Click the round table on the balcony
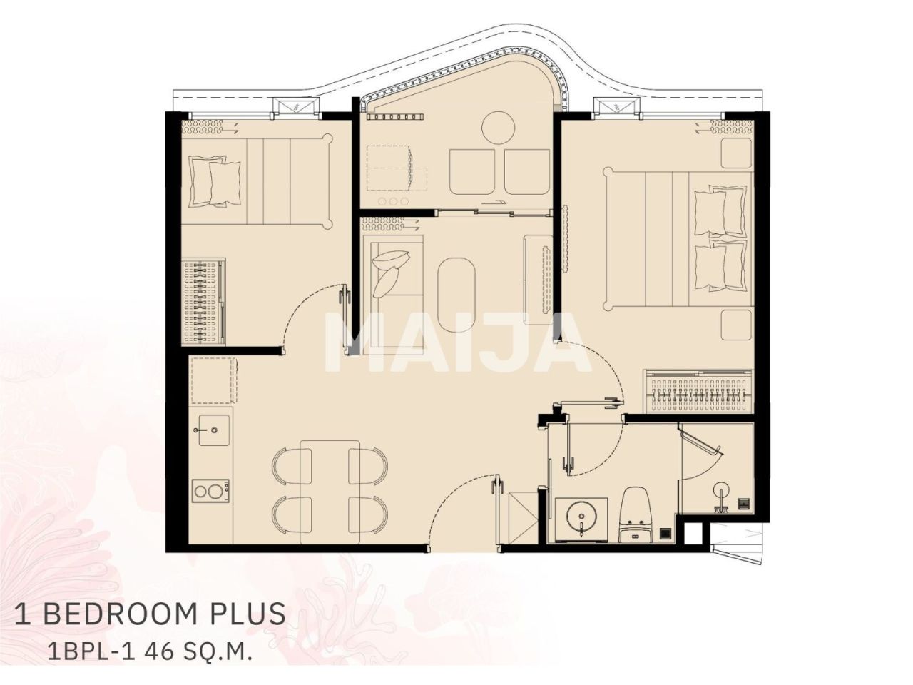[x=499, y=127]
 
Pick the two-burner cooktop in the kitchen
[x=210, y=492]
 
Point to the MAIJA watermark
[x=456, y=342]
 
